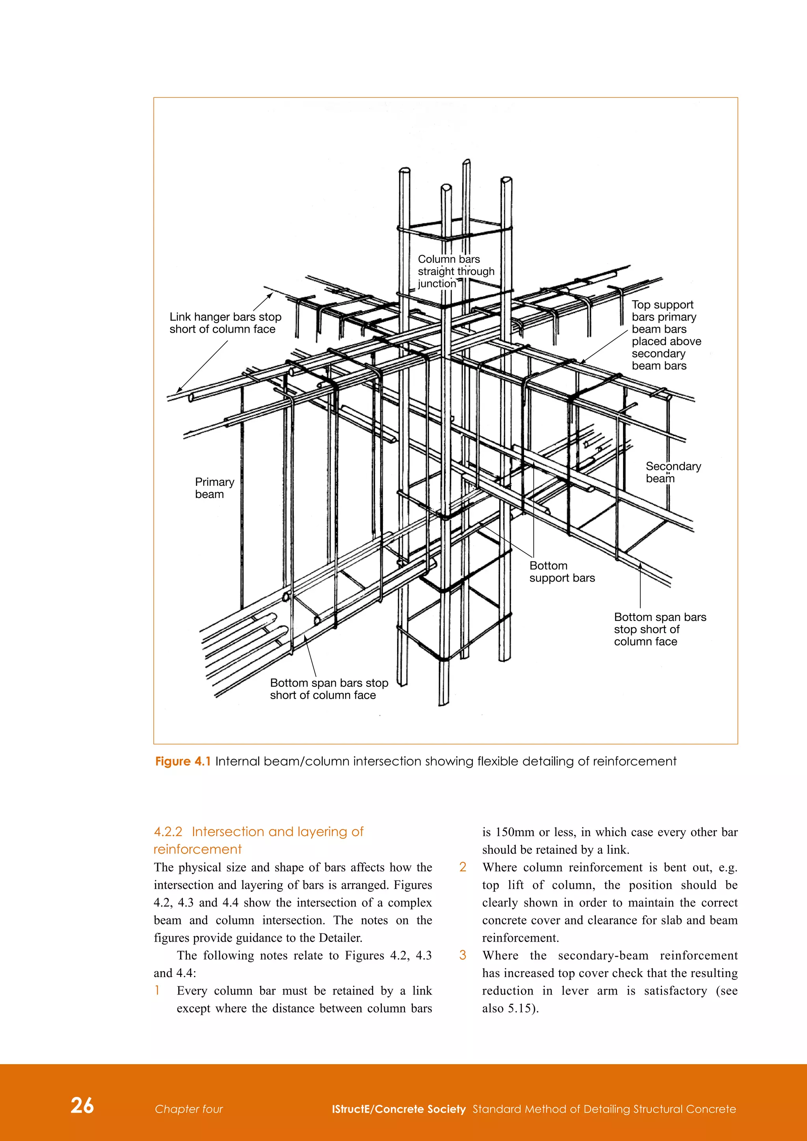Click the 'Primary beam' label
(214, 488)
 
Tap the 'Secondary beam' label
(673, 472)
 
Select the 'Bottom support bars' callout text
(562, 572)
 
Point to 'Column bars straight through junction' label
(456, 271)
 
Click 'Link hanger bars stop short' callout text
(225, 323)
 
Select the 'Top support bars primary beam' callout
(666, 335)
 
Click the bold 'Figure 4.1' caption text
(183, 761)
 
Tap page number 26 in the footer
(82, 1105)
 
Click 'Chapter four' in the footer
(189, 1109)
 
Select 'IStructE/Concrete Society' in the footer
(398, 1109)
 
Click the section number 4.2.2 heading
(168, 832)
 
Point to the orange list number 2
(463, 867)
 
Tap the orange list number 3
(463, 955)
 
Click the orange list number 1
(158, 990)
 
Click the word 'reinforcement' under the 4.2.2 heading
(197, 849)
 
